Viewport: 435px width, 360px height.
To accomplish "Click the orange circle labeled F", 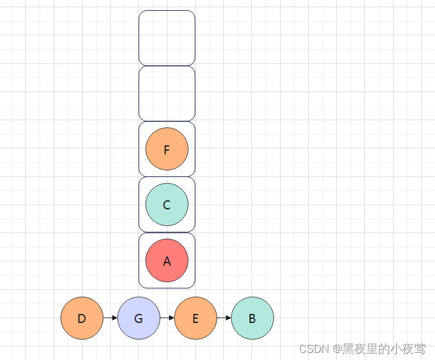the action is pos(167,149).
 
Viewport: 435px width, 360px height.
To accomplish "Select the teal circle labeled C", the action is pos(167,205).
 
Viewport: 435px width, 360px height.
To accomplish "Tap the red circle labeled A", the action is pos(167,260).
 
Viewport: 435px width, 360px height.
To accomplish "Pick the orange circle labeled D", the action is pos(82,318).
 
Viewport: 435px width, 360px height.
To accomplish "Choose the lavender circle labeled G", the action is pos(139,318).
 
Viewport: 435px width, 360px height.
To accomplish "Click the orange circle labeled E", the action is pos(196,318).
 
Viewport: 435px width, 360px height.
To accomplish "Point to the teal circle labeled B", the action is pos(252,318).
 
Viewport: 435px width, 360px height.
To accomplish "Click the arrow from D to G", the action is pos(111,318).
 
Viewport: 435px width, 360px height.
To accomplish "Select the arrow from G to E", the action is pos(168,318).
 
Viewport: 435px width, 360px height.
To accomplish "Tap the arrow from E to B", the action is pos(224,318).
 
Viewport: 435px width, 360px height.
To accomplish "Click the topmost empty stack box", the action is pos(167,38).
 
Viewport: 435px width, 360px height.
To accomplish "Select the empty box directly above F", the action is pos(167,93).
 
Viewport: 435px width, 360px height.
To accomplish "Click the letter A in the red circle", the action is pos(167,261).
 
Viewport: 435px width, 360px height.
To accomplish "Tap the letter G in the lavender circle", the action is pos(139,319).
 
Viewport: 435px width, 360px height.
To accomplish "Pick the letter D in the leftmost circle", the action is pos(82,319).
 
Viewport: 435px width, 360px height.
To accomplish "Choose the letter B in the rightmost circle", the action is pos(252,319).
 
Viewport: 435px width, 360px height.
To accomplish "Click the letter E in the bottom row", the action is pos(196,319).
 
